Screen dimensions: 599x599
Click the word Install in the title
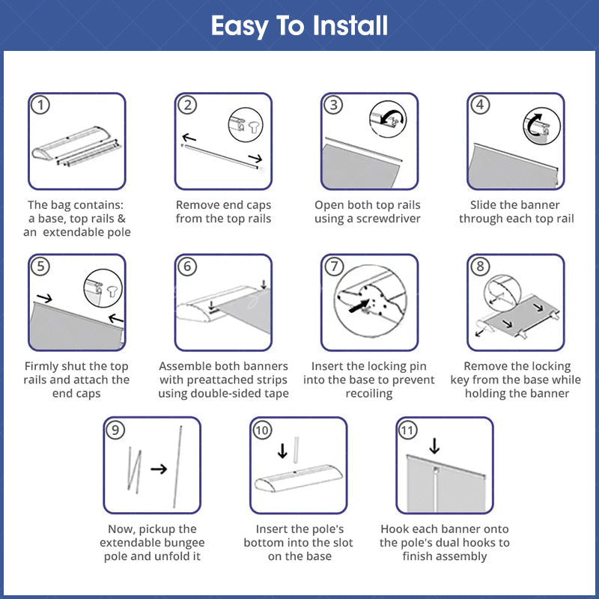pos(350,25)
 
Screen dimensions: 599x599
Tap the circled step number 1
pos(40,105)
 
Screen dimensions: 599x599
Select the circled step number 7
pos(334,266)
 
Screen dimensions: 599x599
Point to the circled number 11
pos(407,430)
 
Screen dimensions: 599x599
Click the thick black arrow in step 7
pos(359,305)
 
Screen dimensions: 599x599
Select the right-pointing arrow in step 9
pos(159,469)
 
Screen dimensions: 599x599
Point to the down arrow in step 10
pos(282,451)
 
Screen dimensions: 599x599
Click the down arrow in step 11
pos(434,446)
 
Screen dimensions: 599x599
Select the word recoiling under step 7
pos(369,394)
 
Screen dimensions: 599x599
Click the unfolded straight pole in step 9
pos(177,466)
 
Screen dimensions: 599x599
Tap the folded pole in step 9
pos(135,469)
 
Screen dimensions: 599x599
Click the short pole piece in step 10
pos(296,450)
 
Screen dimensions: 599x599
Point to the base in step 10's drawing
pos(299,478)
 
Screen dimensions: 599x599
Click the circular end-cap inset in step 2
pos(246,124)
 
